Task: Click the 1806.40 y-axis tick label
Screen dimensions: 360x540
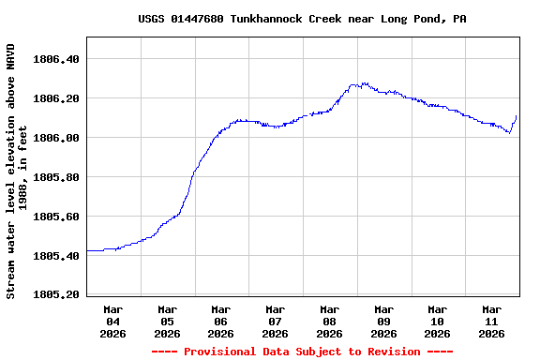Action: point(56,59)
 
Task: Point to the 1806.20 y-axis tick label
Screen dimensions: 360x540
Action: point(56,98)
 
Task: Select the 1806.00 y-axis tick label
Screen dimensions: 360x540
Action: point(56,138)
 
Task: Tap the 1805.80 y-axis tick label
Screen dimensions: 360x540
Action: point(56,177)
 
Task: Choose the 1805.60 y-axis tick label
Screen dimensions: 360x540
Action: point(56,217)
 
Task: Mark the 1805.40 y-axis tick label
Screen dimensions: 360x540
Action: point(56,256)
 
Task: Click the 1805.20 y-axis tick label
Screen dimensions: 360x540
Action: point(56,295)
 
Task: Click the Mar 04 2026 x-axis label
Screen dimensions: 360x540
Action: point(113,321)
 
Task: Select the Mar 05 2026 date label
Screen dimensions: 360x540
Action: point(167,321)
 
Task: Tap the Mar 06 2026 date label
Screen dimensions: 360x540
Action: point(221,321)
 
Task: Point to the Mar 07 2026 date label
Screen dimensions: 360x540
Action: point(276,321)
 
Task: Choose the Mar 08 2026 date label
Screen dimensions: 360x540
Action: point(329,321)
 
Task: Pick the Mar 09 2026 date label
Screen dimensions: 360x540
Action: point(383,321)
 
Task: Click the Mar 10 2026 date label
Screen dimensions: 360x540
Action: point(437,321)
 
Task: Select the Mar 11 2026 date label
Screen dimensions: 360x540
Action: point(491,321)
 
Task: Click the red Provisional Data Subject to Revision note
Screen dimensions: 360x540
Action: point(302,352)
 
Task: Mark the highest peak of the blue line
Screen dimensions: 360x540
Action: point(363,83)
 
